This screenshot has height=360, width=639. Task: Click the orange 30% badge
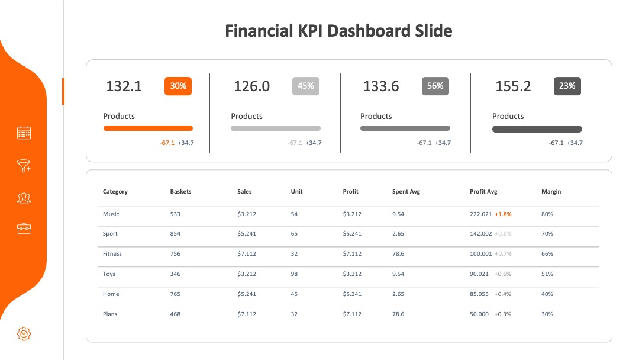pyautogui.click(x=178, y=86)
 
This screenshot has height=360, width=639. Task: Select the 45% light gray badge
pyautogui.click(x=306, y=86)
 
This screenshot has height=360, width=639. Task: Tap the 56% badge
pyautogui.click(x=435, y=86)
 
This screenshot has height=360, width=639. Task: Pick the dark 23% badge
pyautogui.click(x=567, y=86)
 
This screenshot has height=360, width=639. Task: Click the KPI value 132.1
pyautogui.click(x=124, y=86)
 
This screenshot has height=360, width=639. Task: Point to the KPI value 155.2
pyautogui.click(x=513, y=86)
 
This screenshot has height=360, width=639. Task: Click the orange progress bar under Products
pyautogui.click(x=148, y=128)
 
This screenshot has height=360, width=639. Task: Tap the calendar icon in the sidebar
pyautogui.click(x=24, y=133)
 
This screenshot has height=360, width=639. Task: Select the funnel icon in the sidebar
pyautogui.click(x=24, y=166)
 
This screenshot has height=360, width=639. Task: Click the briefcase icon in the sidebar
pyautogui.click(x=24, y=229)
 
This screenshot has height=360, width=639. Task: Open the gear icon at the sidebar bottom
pyautogui.click(x=24, y=334)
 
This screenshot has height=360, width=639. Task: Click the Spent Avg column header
pyautogui.click(x=406, y=192)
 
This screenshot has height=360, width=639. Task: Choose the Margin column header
pyautogui.click(x=551, y=192)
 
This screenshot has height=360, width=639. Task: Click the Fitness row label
pyautogui.click(x=112, y=253)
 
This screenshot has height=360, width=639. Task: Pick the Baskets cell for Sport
pyautogui.click(x=175, y=234)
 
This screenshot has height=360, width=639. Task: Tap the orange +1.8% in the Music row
pyautogui.click(x=504, y=214)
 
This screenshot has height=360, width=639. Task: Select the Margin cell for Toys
pyautogui.click(x=547, y=274)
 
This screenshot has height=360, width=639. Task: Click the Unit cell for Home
pyautogui.click(x=294, y=294)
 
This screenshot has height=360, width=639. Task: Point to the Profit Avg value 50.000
pyautogui.click(x=479, y=314)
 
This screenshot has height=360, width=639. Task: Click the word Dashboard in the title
pyautogui.click(x=369, y=31)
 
